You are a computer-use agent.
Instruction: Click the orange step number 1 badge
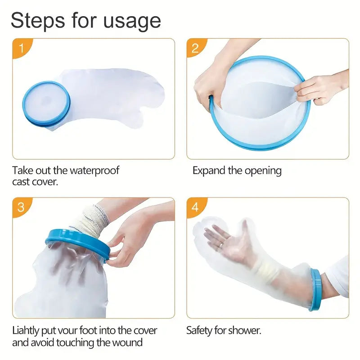(x=21, y=48)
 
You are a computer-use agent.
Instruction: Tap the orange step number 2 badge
(x=195, y=48)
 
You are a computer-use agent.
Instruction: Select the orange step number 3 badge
(x=21, y=207)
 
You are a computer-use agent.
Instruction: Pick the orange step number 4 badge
(x=195, y=207)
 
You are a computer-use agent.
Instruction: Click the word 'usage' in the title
(x=132, y=22)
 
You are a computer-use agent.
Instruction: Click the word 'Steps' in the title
(x=38, y=20)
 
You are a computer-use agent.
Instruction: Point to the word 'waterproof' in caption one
(x=94, y=171)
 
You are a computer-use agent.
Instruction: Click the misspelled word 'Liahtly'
(x=26, y=331)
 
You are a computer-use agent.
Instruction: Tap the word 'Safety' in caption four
(x=199, y=331)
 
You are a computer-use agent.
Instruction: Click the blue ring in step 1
(x=46, y=104)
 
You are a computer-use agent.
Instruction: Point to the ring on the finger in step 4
(x=220, y=244)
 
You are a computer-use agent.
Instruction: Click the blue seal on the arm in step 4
(x=316, y=289)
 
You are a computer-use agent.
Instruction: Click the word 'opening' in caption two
(x=263, y=171)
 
